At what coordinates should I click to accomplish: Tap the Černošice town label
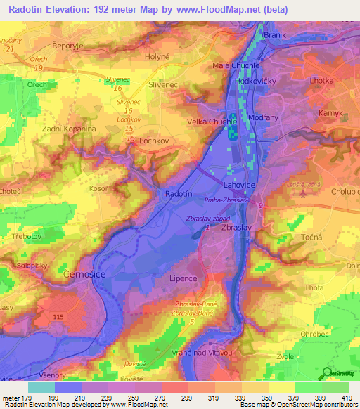pos(84,274)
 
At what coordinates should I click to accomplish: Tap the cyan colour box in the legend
pos(41,387)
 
